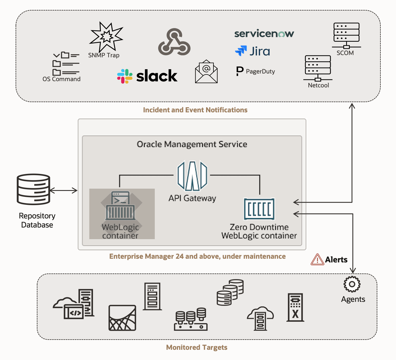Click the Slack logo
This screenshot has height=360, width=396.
click(x=147, y=76)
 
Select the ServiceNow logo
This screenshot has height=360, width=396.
click(x=264, y=34)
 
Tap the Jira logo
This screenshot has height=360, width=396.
click(x=252, y=51)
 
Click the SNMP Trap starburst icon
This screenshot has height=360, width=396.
click(x=106, y=37)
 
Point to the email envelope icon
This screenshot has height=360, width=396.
click(x=206, y=72)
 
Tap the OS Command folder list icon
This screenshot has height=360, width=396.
click(x=66, y=64)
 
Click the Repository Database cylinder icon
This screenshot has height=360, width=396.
click(x=33, y=189)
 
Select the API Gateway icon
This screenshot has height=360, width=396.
click(x=192, y=176)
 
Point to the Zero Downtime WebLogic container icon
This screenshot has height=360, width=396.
click(x=259, y=209)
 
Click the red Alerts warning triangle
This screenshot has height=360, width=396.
click(x=317, y=260)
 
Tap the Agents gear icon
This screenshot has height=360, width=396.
click(x=352, y=284)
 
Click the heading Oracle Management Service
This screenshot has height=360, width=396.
click(x=192, y=144)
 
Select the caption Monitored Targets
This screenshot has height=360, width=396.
click(x=197, y=348)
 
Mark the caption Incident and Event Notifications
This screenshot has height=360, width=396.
click(x=195, y=110)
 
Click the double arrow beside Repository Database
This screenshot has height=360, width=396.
click(x=64, y=190)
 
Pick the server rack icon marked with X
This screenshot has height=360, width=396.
click(x=295, y=308)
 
